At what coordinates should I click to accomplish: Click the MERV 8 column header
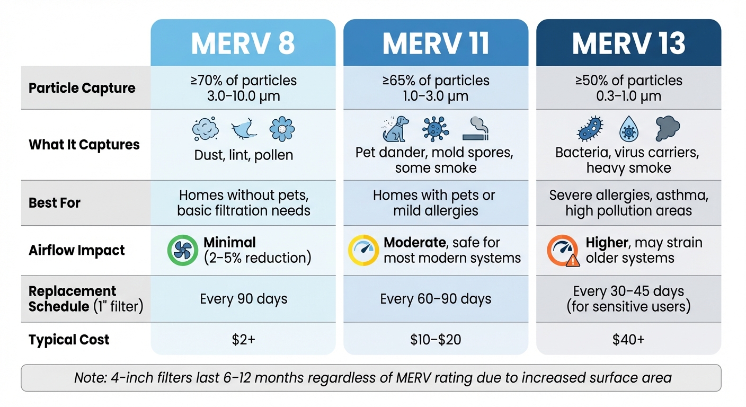(243, 43)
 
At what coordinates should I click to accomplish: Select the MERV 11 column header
(436, 43)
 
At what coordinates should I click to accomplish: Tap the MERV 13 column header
(628, 43)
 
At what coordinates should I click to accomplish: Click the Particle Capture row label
(82, 88)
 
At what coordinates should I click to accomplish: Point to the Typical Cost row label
(69, 340)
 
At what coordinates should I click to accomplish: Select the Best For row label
(55, 203)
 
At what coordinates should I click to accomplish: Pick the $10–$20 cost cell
(436, 340)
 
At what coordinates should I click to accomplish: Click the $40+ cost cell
(628, 340)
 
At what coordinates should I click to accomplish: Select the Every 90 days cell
(243, 299)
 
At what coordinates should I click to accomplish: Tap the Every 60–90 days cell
(436, 299)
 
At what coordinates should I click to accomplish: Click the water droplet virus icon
(629, 129)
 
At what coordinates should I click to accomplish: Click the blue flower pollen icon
(282, 129)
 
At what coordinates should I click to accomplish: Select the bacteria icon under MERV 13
(590, 129)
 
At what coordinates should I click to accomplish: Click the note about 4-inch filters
(372, 378)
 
